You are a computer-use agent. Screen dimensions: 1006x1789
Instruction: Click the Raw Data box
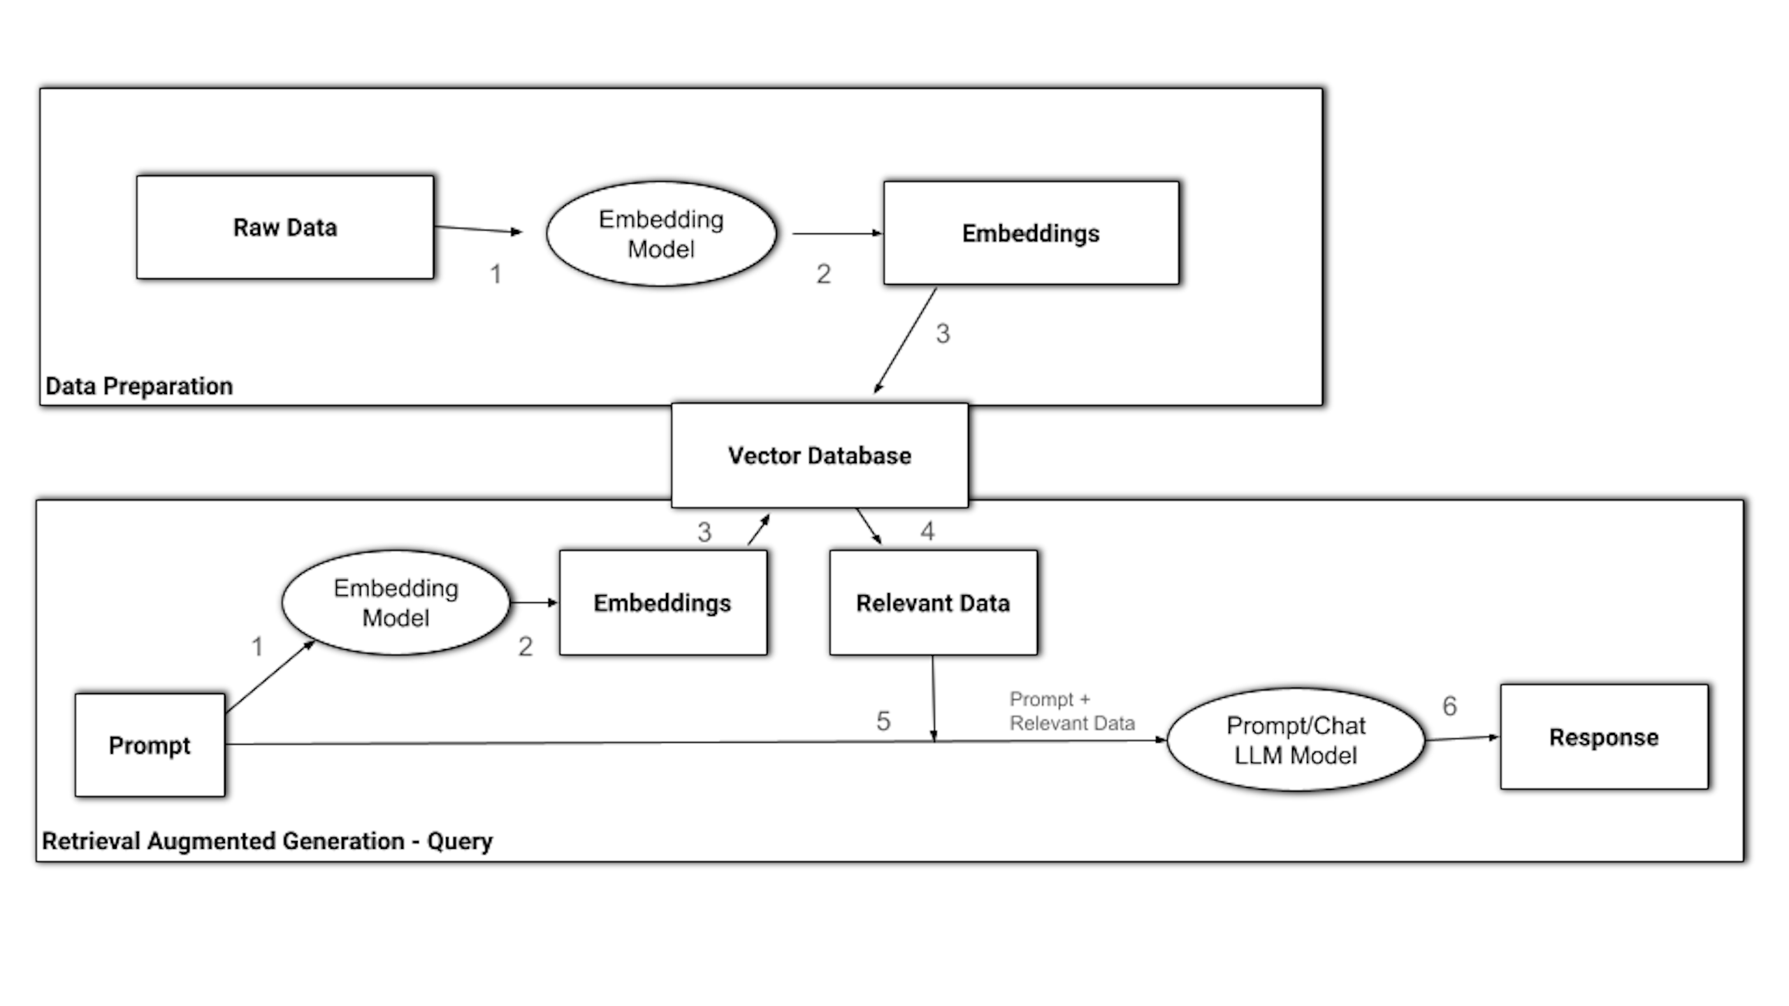pos(284,228)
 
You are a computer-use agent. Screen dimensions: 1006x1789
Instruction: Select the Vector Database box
pos(819,455)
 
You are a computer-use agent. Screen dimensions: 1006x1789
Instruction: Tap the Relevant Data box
pos(933,603)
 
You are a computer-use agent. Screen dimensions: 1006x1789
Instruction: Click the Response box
pos(1604,738)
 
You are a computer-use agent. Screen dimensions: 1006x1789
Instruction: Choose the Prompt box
pos(150,745)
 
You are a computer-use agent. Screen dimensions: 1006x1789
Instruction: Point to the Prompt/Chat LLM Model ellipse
pos(1296,741)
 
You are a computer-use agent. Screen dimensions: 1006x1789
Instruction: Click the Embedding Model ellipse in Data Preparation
pos(661,234)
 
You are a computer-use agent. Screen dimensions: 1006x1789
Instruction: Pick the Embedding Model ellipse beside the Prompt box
pos(396,603)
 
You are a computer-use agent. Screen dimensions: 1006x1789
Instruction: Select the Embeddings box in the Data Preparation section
pos(1031,233)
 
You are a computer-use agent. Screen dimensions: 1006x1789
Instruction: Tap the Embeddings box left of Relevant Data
pos(662,603)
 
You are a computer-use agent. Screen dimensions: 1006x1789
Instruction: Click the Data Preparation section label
pos(139,386)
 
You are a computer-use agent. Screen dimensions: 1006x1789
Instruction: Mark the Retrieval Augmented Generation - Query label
pos(267,841)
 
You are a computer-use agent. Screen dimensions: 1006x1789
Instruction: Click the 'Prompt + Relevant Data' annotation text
pos(1071,711)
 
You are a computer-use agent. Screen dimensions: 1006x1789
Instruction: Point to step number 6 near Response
pos(1450,706)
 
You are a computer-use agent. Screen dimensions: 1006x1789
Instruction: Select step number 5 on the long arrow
pos(883,721)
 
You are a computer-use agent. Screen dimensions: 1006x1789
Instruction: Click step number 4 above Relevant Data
pos(927,532)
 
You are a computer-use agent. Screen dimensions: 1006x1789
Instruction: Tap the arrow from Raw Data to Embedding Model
pos(478,229)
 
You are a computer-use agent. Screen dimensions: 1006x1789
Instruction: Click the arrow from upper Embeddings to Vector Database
pos(905,340)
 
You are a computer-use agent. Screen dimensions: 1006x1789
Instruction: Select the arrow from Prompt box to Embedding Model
pos(270,676)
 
